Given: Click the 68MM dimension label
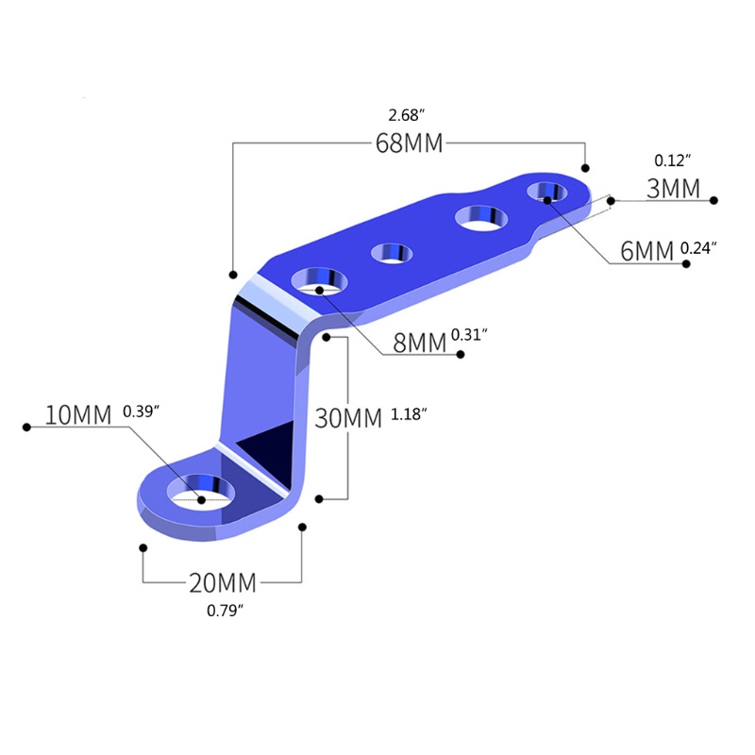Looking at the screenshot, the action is pyautogui.click(x=409, y=143).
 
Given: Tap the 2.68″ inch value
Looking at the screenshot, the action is pyautogui.click(x=407, y=115).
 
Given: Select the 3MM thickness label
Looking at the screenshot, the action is pyautogui.click(x=673, y=188).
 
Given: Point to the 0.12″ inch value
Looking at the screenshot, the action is pyautogui.click(x=673, y=160).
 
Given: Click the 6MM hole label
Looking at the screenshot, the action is pyautogui.click(x=646, y=251).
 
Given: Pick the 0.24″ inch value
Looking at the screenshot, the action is pyautogui.click(x=698, y=248).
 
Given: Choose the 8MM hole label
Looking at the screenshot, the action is pyautogui.click(x=420, y=343).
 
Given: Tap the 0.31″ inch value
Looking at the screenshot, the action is pyautogui.click(x=469, y=335).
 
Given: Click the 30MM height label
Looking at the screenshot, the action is pyautogui.click(x=348, y=418).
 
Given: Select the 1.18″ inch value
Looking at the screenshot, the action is pyautogui.click(x=409, y=414).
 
